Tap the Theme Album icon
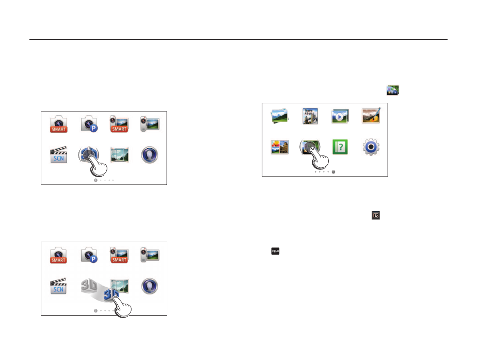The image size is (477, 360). click(309, 116)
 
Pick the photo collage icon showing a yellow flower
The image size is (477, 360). click(279, 147)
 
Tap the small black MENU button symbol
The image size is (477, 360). click(276, 251)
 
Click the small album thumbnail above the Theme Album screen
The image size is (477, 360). click(392, 90)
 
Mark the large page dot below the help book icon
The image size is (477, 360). click(334, 172)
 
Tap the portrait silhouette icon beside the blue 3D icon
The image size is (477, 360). click(150, 286)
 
